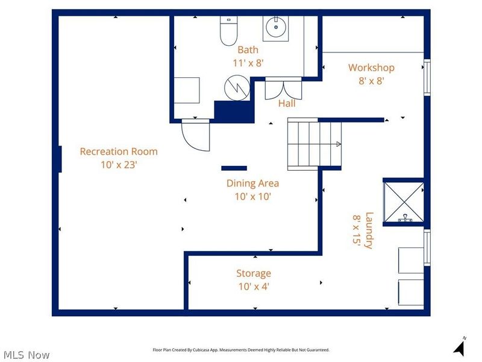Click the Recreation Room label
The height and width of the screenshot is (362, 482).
click(x=119, y=151)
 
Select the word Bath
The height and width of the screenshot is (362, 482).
click(x=248, y=50)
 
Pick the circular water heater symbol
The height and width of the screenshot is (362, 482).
click(x=237, y=88)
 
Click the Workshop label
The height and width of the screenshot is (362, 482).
click(x=371, y=68)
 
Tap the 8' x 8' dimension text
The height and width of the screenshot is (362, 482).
click(x=371, y=80)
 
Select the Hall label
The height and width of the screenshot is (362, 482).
click(x=287, y=104)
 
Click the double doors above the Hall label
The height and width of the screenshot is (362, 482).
click(x=283, y=87)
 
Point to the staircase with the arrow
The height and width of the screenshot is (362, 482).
click(x=314, y=144)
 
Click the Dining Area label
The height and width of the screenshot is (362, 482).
click(x=252, y=183)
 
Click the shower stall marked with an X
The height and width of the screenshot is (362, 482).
click(x=403, y=202)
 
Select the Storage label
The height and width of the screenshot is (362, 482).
click(x=253, y=274)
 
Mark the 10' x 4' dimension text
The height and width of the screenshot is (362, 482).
click(x=253, y=286)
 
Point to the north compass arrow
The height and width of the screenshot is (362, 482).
click(x=460, y=348)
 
